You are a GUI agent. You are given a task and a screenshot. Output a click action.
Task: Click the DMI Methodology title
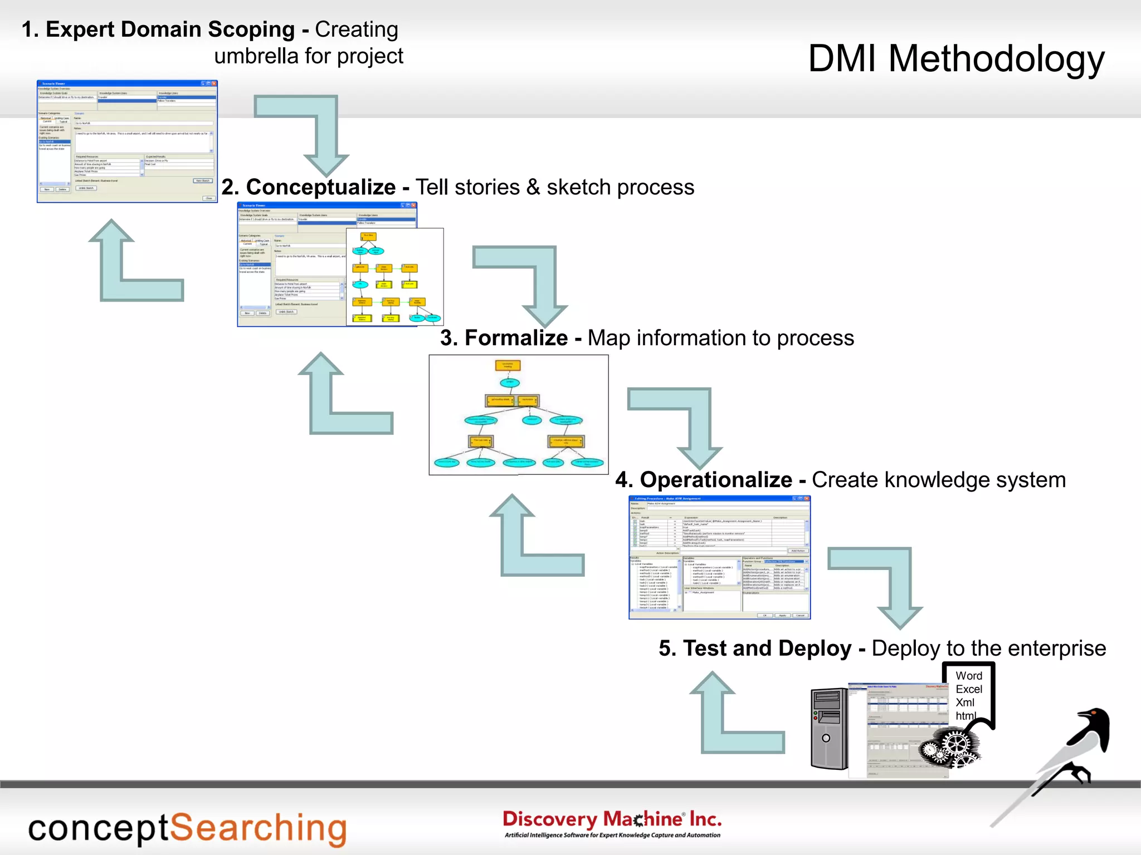(x=956, y=59)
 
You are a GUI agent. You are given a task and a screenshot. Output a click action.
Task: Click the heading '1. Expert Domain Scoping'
(x=158, y=30)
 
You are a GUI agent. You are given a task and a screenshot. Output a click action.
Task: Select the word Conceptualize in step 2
(x=321, y=188)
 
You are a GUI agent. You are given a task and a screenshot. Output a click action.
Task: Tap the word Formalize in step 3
(x=516, y=338)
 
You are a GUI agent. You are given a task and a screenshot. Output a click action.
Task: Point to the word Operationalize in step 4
(x=716, y=480)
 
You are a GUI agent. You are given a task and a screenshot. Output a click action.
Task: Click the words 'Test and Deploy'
(x=767, y=648)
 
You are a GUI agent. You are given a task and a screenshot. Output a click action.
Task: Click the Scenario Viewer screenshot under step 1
(x=127, y=141)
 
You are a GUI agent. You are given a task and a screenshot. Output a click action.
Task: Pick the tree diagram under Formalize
(x=518, y=415)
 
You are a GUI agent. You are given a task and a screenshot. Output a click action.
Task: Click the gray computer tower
(x=829, y=729)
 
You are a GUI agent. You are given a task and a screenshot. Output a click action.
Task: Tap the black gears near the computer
(x=950, y=746)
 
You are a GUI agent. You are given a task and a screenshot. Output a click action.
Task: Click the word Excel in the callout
(x=969, y=689)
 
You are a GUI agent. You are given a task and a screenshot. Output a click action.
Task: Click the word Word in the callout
(x=969, y=676)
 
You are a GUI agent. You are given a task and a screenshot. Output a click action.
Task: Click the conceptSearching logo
(x=187, y=828)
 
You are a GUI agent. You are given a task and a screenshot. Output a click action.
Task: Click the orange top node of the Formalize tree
(x=508, y=366)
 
